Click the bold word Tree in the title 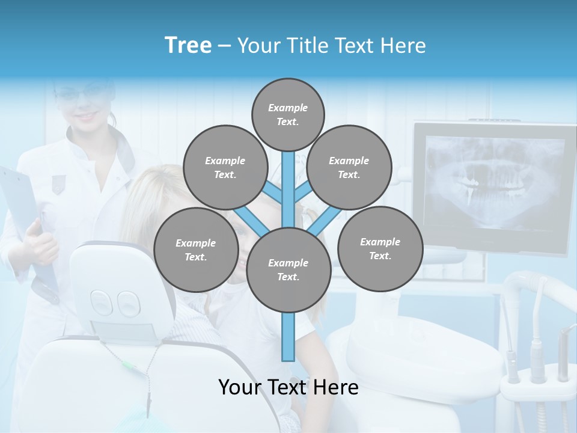188,46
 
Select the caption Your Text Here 288,387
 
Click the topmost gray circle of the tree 288,114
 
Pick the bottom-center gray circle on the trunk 288,270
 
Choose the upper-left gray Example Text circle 225,167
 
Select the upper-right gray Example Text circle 349,167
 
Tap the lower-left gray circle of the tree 196,250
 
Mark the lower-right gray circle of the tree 380,248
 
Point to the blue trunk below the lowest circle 288,337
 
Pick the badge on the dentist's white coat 58,183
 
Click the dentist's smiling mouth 88,116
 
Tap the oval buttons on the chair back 114,304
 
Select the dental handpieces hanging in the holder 538,355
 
